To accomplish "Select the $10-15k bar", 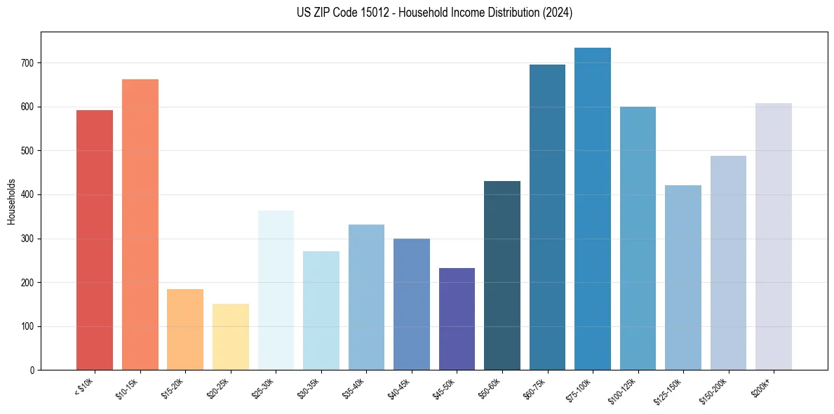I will pyautogui.click(x=140, y=225).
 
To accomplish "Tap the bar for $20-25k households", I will pyautogui.click(x=231, y=337).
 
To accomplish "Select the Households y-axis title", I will pyautogui.click(x=11, y=201).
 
